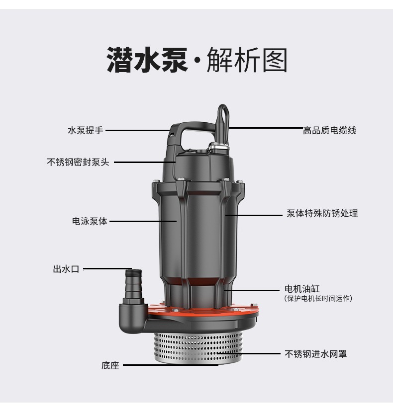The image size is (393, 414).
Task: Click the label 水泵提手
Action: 86,130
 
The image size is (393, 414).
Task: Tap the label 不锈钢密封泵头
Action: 78,162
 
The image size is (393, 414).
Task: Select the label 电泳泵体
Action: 90,221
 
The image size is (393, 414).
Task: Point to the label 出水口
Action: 66,269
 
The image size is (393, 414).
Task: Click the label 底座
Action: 110,365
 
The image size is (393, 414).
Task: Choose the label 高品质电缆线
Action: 329,130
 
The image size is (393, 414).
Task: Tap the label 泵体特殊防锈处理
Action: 322,213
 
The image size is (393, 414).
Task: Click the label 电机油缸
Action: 302,289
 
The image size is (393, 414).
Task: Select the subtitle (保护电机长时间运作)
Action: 318,299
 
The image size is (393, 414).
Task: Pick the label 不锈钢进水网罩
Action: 315,354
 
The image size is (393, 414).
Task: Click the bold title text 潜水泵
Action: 147,60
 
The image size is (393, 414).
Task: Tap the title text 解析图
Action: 247,60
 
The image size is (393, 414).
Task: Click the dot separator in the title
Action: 197,61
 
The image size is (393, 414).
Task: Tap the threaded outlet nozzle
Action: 133,285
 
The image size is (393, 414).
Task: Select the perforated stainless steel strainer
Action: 198,348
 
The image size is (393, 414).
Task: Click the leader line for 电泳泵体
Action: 143,221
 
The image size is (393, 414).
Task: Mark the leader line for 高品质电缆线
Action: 266,128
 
